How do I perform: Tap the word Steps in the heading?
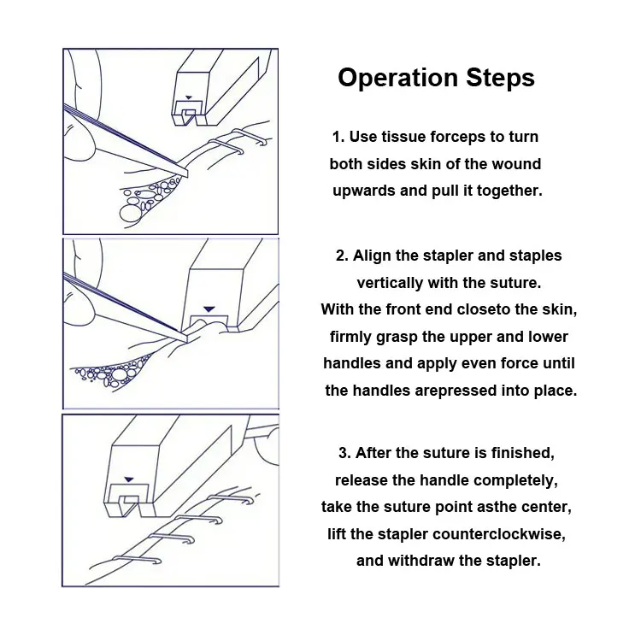point(498,78)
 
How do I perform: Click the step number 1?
point(337,137)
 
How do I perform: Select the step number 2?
point(341,256)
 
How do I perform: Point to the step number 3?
point(345,453)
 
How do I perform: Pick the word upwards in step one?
point(364,191)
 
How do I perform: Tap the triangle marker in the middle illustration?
point(209,306)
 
